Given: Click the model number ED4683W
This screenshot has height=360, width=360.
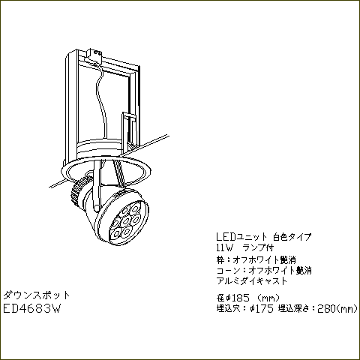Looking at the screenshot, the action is pos(31,308).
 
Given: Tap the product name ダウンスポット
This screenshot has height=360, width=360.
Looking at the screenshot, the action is pos(37,295).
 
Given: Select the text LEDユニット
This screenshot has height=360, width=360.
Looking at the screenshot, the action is pos(241,237).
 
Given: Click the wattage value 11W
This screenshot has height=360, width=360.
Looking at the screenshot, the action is pos(225,248).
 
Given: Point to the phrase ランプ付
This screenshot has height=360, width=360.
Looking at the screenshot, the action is pos(258,247).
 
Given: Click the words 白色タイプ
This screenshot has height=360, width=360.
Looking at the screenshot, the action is pos(292,237).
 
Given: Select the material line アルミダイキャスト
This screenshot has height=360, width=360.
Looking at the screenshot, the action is pos(252,281).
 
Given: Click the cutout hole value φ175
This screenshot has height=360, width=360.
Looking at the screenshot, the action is pos(262,309).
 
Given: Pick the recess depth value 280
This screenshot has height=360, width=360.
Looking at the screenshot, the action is pos(326,309).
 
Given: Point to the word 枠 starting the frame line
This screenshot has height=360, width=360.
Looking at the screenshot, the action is pos(220,259).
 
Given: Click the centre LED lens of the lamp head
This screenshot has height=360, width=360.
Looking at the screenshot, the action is pos(126,220).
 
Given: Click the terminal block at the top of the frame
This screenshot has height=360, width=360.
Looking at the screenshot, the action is pos(94,55).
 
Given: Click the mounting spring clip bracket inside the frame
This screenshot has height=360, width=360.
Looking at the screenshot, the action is pos(129,130).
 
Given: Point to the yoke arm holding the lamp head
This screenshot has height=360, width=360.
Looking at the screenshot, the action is pos(97,186).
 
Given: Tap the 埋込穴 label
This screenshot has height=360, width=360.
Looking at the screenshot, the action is pos(229,309).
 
